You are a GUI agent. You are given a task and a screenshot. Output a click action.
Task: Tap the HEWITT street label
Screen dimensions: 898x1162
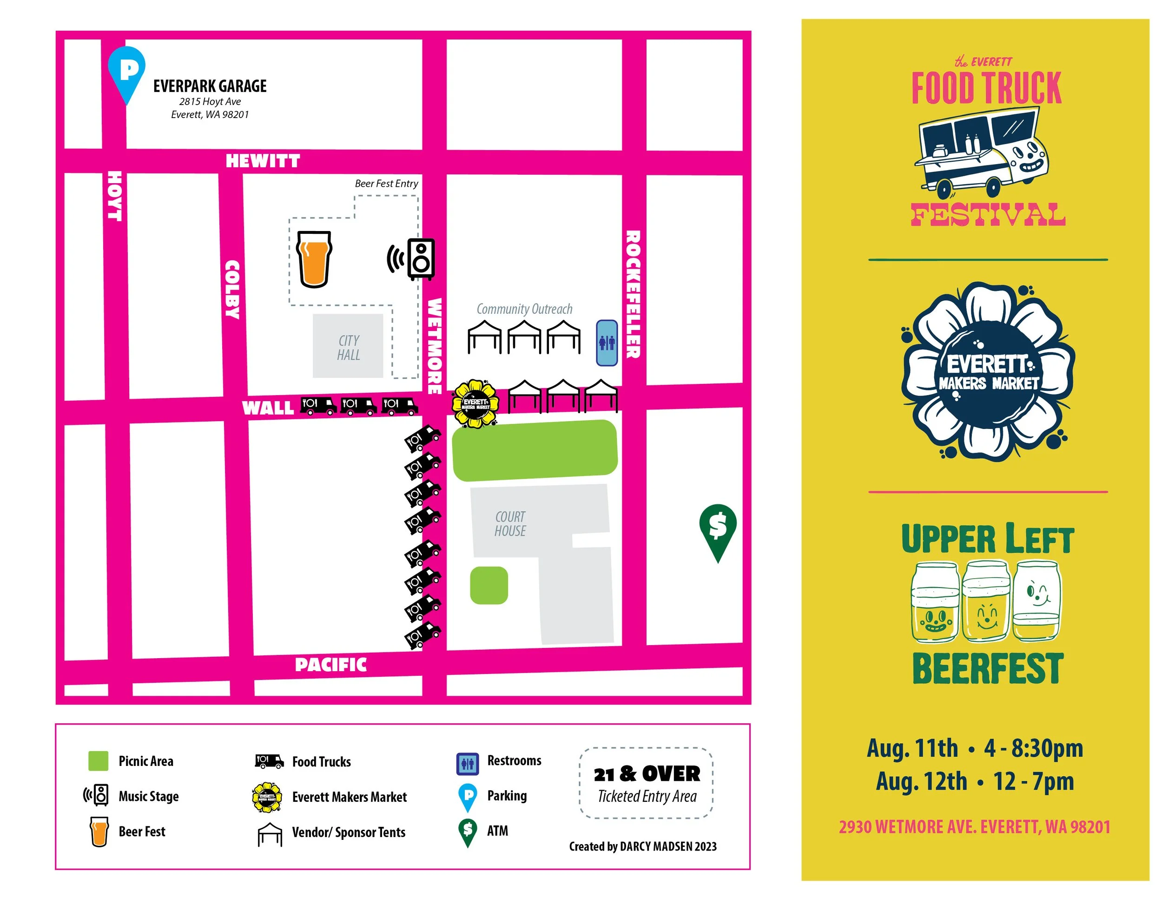coord(263,161)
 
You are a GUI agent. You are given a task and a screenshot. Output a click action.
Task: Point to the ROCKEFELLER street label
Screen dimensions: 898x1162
coord(633,294)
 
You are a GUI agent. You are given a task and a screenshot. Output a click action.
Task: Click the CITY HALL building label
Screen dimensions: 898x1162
coord(349,347)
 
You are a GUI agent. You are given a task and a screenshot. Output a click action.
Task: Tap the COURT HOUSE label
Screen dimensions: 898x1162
coord(510,523)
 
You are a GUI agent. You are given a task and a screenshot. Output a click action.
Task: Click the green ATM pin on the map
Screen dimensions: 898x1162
coord(718,529)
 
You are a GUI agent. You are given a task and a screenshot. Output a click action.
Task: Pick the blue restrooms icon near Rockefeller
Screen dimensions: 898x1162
coord(607,343)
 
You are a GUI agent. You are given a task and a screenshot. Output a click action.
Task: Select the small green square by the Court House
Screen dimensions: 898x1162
coord(489,585)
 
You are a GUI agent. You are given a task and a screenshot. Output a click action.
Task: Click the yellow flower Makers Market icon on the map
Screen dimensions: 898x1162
coord(475,404)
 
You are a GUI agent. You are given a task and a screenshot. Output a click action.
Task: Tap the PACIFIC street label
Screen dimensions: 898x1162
coord(330,665)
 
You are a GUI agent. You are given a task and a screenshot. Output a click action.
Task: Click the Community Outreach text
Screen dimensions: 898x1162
coord(524,309)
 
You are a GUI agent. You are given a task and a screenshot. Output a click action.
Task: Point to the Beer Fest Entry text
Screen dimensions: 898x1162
coord(386,184)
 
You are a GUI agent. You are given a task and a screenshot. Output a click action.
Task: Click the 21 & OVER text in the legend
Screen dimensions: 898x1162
coord(647,774)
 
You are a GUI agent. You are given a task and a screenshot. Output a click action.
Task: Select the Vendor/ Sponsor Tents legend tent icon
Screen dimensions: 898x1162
coord(270,834)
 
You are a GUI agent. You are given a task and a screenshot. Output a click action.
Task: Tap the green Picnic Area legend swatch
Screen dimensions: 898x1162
coord(98,761)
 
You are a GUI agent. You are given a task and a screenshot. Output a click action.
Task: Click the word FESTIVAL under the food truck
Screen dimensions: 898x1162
coord(988,214)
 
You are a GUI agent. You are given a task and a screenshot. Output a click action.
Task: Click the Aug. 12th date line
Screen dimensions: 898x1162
coord(974,781)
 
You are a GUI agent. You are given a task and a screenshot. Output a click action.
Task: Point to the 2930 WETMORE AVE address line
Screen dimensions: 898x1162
coord(974,827)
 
